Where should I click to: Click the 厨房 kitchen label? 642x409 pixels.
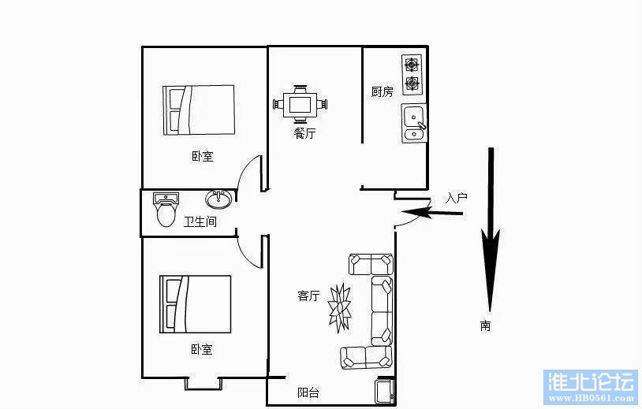[382, 91]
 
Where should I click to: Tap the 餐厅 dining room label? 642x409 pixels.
[304, 133]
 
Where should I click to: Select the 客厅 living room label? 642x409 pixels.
[308, 296]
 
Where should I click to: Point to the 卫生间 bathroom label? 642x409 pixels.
[200, 221]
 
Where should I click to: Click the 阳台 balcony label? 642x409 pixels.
[308, 392]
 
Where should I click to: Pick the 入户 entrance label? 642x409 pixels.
[456, 199]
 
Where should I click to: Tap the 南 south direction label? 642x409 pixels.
[485, 325]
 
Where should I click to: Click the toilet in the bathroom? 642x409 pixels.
[166, 210]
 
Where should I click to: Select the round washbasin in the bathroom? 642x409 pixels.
[218, 199]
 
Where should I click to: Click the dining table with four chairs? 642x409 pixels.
[300, 104]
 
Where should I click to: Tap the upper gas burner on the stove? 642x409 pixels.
[412, 65]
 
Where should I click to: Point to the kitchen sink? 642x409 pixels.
[414, 123]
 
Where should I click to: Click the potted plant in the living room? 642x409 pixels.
[339, 307]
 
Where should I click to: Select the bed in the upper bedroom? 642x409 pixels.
[199, 110]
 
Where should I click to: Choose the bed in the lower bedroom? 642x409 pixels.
[196, 304]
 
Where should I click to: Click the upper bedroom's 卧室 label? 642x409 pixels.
[202, 156]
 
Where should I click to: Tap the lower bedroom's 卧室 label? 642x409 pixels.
[201, 350]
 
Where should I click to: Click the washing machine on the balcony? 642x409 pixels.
[386, 391]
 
